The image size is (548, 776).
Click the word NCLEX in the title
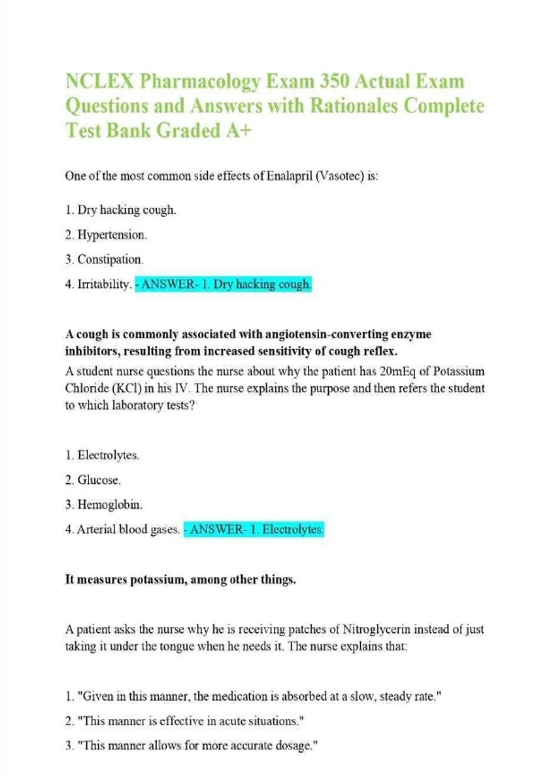pos(100,81)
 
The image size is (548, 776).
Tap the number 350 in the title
pos(335,81)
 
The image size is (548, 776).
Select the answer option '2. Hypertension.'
pos(105,235)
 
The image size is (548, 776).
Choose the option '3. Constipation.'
pos(104,259)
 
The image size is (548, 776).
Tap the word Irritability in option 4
pos(104,284)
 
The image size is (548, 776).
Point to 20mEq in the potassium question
pos(397,371)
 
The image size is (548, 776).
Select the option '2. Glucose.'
pos(93,480)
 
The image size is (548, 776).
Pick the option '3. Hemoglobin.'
pos(104,504)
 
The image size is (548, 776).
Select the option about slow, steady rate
pos(253,696)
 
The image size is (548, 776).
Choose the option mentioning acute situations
pos(185,721)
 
